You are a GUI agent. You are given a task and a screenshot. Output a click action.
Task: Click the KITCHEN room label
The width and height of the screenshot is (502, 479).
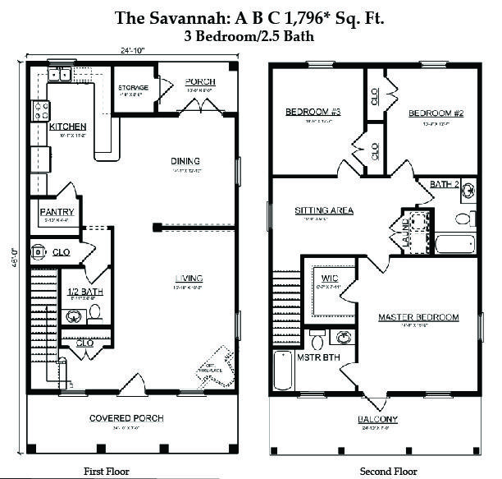pos(67,127)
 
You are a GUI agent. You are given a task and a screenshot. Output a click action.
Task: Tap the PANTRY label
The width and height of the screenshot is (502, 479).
pos(57,211)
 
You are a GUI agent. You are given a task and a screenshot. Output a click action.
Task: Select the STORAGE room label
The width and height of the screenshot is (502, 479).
pos(132,87)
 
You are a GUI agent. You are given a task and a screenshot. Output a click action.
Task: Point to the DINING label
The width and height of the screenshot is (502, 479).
pos(185,161)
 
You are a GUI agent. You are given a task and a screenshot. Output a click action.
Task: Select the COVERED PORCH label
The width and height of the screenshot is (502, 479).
pos(126,418)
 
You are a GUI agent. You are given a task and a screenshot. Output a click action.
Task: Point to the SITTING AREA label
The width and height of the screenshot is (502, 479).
pos(324,210)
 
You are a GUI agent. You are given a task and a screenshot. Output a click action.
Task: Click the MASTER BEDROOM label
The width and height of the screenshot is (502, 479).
pos(418,317)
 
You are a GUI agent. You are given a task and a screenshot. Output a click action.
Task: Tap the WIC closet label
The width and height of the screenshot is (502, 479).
pos(330,279)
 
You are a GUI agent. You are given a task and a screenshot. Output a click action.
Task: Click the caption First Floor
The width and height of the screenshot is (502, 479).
pos(106,471)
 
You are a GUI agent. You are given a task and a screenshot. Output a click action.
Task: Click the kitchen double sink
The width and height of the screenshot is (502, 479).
pos(59,76)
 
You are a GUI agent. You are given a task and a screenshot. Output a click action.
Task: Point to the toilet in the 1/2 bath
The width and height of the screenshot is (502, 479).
pos(94,311)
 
